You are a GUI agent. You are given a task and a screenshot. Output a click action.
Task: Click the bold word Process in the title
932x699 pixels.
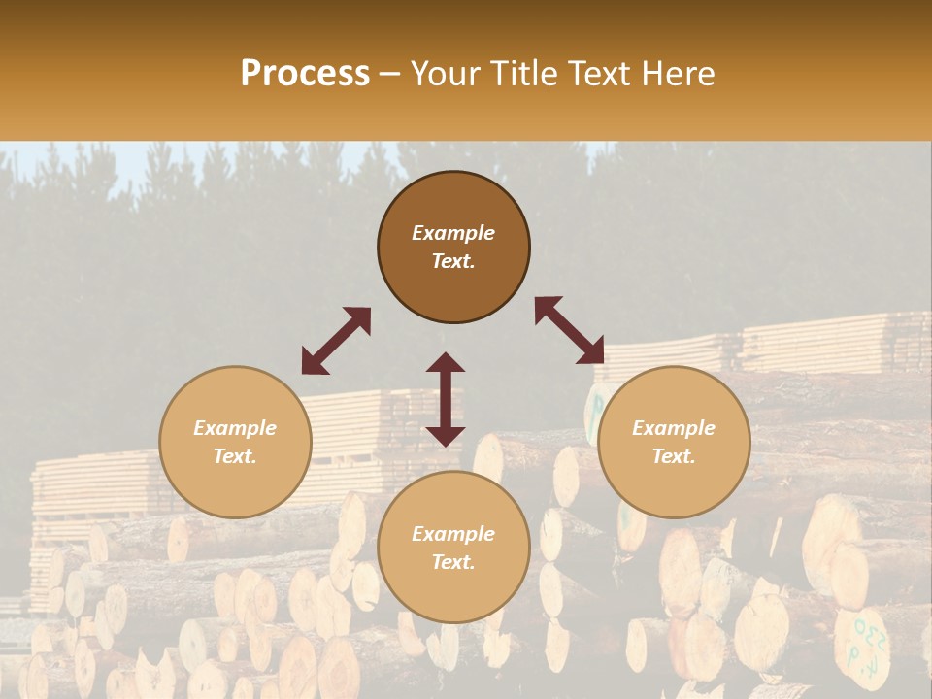(305, 74)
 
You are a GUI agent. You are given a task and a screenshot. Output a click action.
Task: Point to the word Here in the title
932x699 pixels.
(675, 74)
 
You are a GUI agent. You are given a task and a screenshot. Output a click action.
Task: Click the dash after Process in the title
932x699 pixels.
(390, 75)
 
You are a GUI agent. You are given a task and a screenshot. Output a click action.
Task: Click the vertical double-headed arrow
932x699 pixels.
(446, 399)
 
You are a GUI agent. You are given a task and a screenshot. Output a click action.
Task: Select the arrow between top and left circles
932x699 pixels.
(336, 341)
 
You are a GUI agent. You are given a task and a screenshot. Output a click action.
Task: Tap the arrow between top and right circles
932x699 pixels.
(570, 330)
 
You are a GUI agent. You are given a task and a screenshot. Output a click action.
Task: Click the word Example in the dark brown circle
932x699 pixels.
(453, 233)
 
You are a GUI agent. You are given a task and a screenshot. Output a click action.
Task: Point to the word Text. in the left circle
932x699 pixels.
(235, 456)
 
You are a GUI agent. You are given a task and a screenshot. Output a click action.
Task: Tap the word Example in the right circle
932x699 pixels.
(674, 428)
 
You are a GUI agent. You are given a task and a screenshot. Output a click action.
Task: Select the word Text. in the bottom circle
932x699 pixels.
(453, 562)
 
